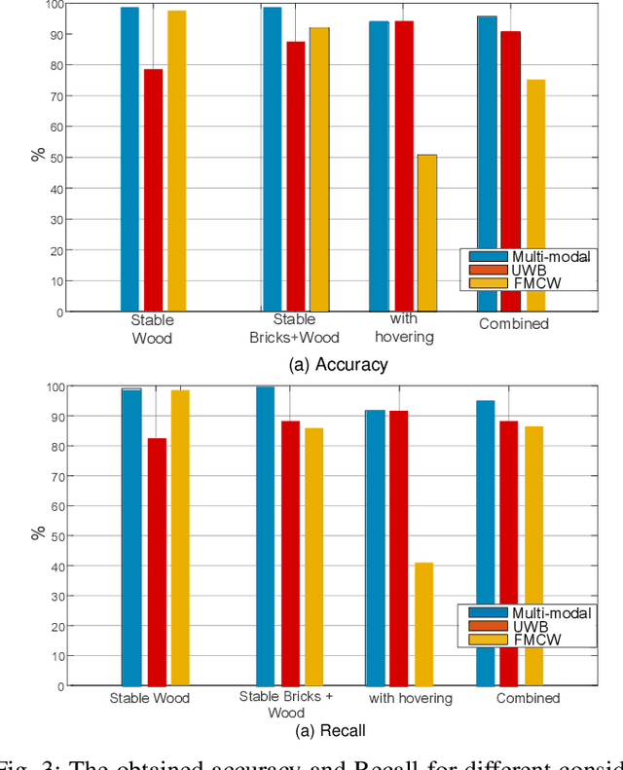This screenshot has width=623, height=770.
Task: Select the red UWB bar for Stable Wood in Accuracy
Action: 153,190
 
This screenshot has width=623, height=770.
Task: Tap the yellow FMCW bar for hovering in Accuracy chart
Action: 426,233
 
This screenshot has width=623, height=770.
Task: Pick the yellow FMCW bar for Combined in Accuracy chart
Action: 535,195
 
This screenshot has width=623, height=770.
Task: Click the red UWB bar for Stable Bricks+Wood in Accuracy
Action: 295,176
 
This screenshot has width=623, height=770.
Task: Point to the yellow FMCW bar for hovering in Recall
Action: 422,624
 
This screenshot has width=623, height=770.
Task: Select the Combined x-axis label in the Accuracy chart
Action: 513,324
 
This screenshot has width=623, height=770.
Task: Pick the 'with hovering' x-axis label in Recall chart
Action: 410,698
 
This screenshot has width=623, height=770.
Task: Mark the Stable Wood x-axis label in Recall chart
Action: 149,698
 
